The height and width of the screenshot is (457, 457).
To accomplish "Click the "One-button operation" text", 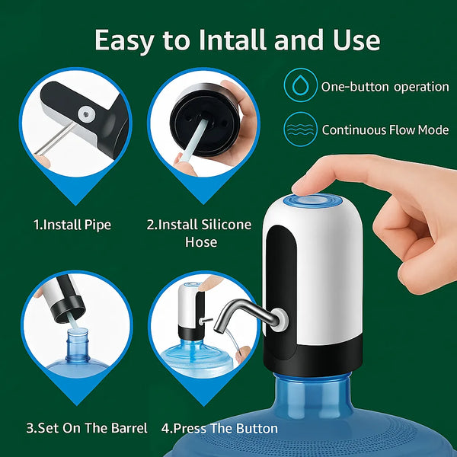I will [385, 86].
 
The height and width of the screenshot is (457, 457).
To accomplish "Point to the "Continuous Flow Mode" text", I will [385, 129].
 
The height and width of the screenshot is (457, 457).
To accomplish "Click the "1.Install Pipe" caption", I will [72, 225].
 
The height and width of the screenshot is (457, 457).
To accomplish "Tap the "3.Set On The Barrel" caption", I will [76, 428].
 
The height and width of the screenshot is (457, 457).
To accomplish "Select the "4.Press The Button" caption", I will [220, 428].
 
